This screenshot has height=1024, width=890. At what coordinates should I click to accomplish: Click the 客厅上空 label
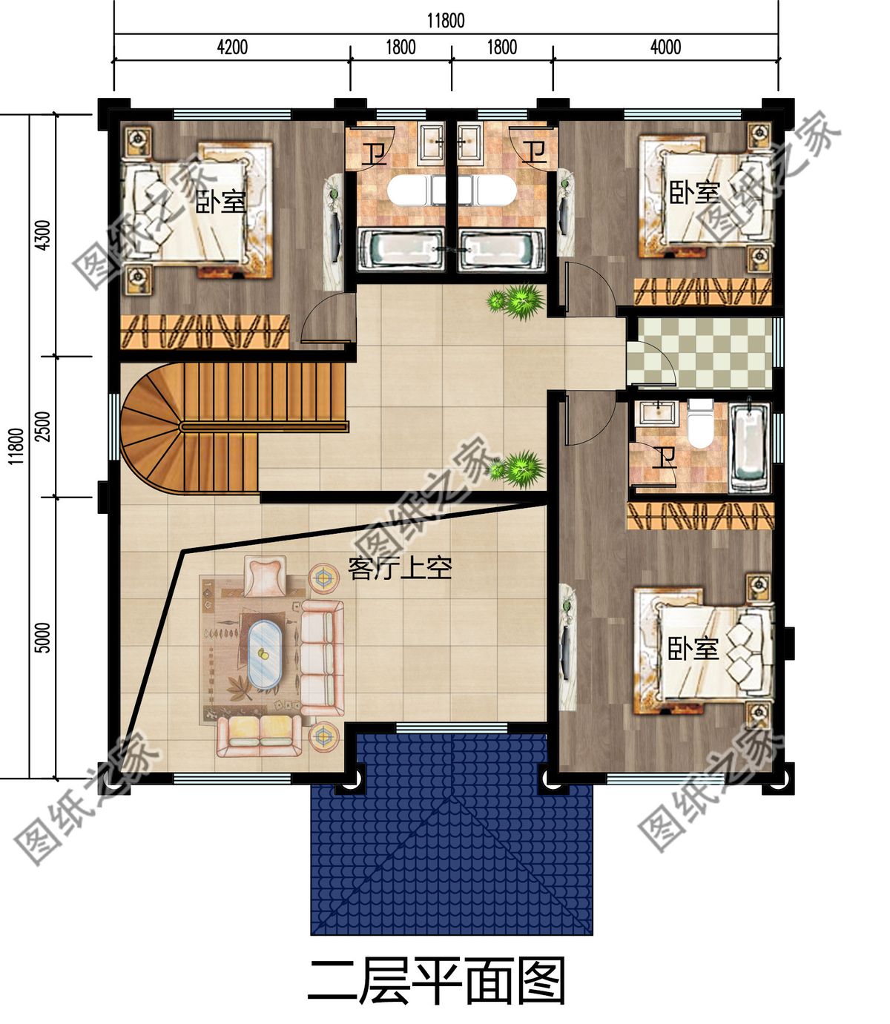click(400, 569)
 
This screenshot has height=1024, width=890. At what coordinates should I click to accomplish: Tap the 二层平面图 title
click(438, 980)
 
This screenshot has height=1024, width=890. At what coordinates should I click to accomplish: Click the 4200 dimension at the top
click(231, 48)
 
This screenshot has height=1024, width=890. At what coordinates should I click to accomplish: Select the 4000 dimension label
click(665, 48)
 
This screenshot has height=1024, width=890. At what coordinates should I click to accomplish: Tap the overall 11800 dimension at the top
click(446, 20)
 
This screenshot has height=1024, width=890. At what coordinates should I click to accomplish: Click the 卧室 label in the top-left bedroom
click(220, 202)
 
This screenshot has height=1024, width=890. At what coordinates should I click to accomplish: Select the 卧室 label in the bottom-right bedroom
click(693, 649)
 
